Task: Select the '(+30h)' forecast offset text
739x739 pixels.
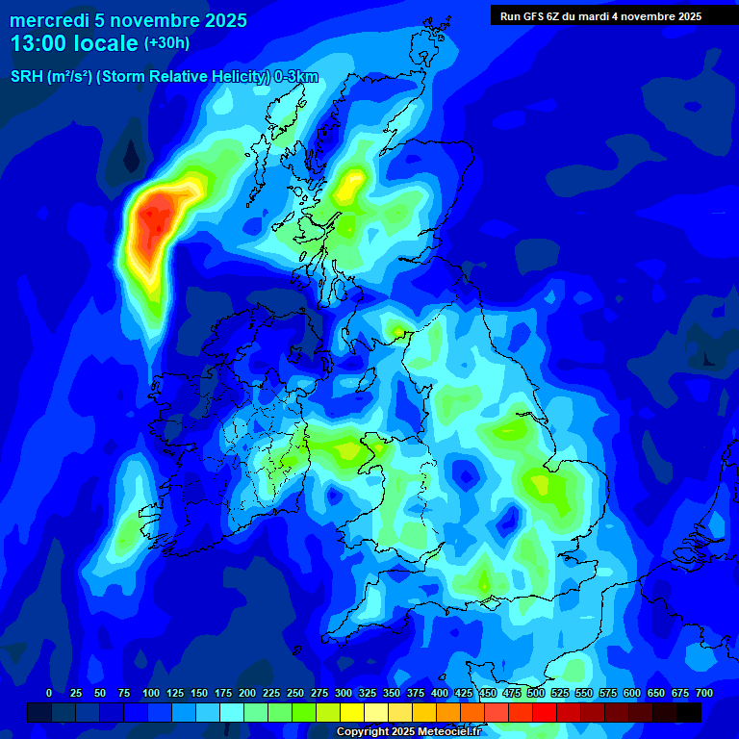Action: (x=166, y=43)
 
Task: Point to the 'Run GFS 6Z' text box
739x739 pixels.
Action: (x=600, y=16)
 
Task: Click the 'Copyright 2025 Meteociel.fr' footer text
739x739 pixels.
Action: (x=407, y=732)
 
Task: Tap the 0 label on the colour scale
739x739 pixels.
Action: (x=49, y=693)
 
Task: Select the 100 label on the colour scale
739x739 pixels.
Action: (x=151, y=693)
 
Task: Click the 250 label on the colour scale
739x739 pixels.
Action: (x=295, y=693)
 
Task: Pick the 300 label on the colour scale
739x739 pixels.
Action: (x=344, y=693)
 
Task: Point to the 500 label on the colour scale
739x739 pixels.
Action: (x=536, y=693)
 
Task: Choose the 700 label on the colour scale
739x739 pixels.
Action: (x=704, y=693)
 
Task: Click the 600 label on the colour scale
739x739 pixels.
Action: (x=632, y=693)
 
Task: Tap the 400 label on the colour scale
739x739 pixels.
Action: (x=440, y=693)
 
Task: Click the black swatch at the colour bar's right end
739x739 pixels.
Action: (x=689, y=712)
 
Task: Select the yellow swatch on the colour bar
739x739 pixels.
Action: (x=352, y=712)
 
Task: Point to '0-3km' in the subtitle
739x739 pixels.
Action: (x=296, y=78)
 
